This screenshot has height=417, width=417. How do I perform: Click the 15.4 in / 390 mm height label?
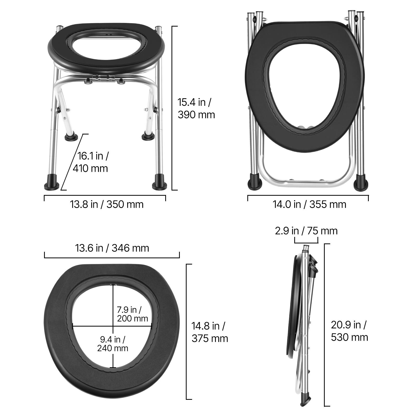[196, 108]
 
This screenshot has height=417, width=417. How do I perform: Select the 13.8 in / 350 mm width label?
[107, 204]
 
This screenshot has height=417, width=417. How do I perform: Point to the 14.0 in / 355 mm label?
[309, 204]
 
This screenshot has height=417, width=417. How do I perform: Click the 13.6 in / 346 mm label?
[112, 248]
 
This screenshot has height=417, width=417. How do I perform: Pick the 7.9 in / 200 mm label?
[132, 314]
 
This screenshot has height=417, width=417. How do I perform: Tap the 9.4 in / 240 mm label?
[113, 344]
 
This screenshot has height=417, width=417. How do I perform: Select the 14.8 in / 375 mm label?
[210, 332]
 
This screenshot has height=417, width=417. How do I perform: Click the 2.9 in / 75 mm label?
[306, 231]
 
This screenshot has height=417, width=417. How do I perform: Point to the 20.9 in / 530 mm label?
[349, 331]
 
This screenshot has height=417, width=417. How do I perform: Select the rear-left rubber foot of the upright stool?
[71, 137]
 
